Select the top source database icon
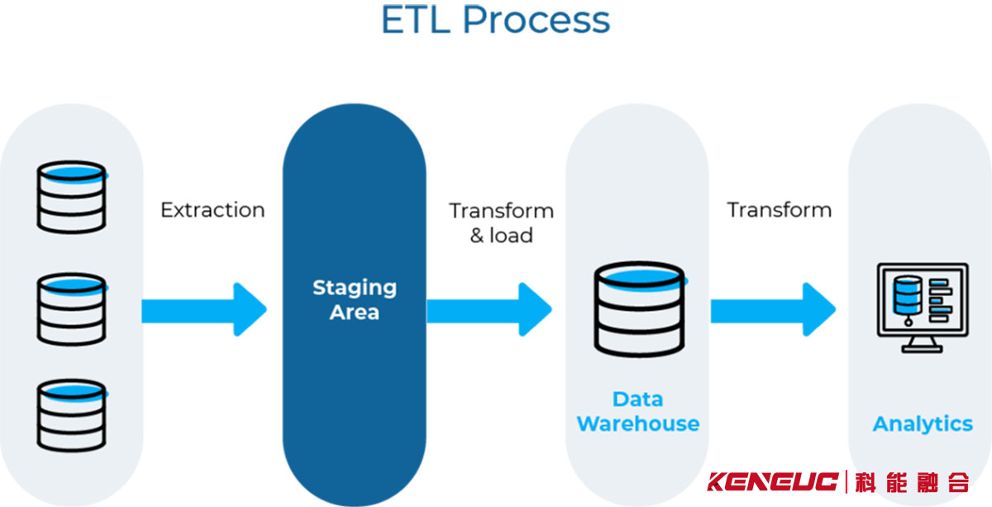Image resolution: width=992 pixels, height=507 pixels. tap(72, 196)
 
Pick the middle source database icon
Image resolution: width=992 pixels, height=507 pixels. tap(72, 310)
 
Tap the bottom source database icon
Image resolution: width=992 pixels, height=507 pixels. tap(72, 414)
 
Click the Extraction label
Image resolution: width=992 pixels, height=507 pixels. tap(212, 210)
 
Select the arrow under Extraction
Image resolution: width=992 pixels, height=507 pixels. tap(203, 310)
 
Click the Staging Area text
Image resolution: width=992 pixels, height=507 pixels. tap(354, 299)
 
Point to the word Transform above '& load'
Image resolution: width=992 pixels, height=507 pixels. tap(501, 210)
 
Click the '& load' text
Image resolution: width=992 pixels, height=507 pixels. tap(501, 236)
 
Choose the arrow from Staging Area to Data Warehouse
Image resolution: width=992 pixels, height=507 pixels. tap(489, 310)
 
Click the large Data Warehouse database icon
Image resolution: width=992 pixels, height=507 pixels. tap(638, 309)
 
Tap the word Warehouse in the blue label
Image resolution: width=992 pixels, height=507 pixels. tap(637, 424)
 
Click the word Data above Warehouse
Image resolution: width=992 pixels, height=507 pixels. tap(637, 399)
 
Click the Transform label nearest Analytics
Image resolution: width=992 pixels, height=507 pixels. tap(779, 210)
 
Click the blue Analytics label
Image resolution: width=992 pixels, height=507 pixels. tap(923, 424)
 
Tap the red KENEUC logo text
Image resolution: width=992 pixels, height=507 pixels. tap(774, 481)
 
